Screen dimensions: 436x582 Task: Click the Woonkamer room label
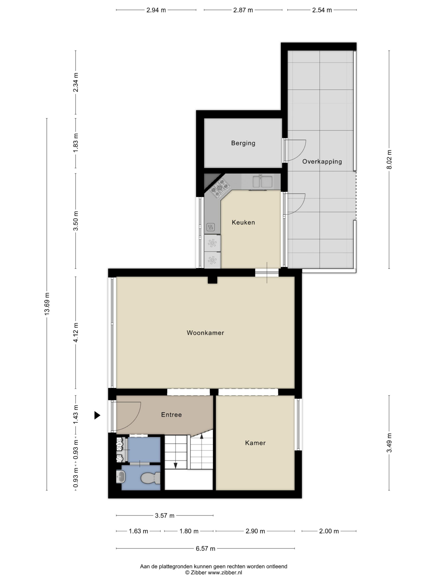click(205, 333)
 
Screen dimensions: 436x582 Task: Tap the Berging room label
click(243, 143)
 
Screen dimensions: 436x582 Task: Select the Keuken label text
click(243, 222)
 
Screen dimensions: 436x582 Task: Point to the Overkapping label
click(322, 162)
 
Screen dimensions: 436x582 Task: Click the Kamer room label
click(255, 443)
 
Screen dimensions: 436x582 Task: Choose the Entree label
click(171, 415)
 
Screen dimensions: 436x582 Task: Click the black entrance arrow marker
click(97, 415)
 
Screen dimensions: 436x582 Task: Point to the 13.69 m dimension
click(47, 304)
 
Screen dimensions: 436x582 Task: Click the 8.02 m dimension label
click(389, 159)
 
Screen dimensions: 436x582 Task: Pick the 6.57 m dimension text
click(205, 548)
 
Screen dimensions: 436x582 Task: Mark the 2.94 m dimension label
click(156, 10)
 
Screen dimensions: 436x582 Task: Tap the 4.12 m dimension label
click(76, 332)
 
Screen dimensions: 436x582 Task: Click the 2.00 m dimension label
click(329, 531)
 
